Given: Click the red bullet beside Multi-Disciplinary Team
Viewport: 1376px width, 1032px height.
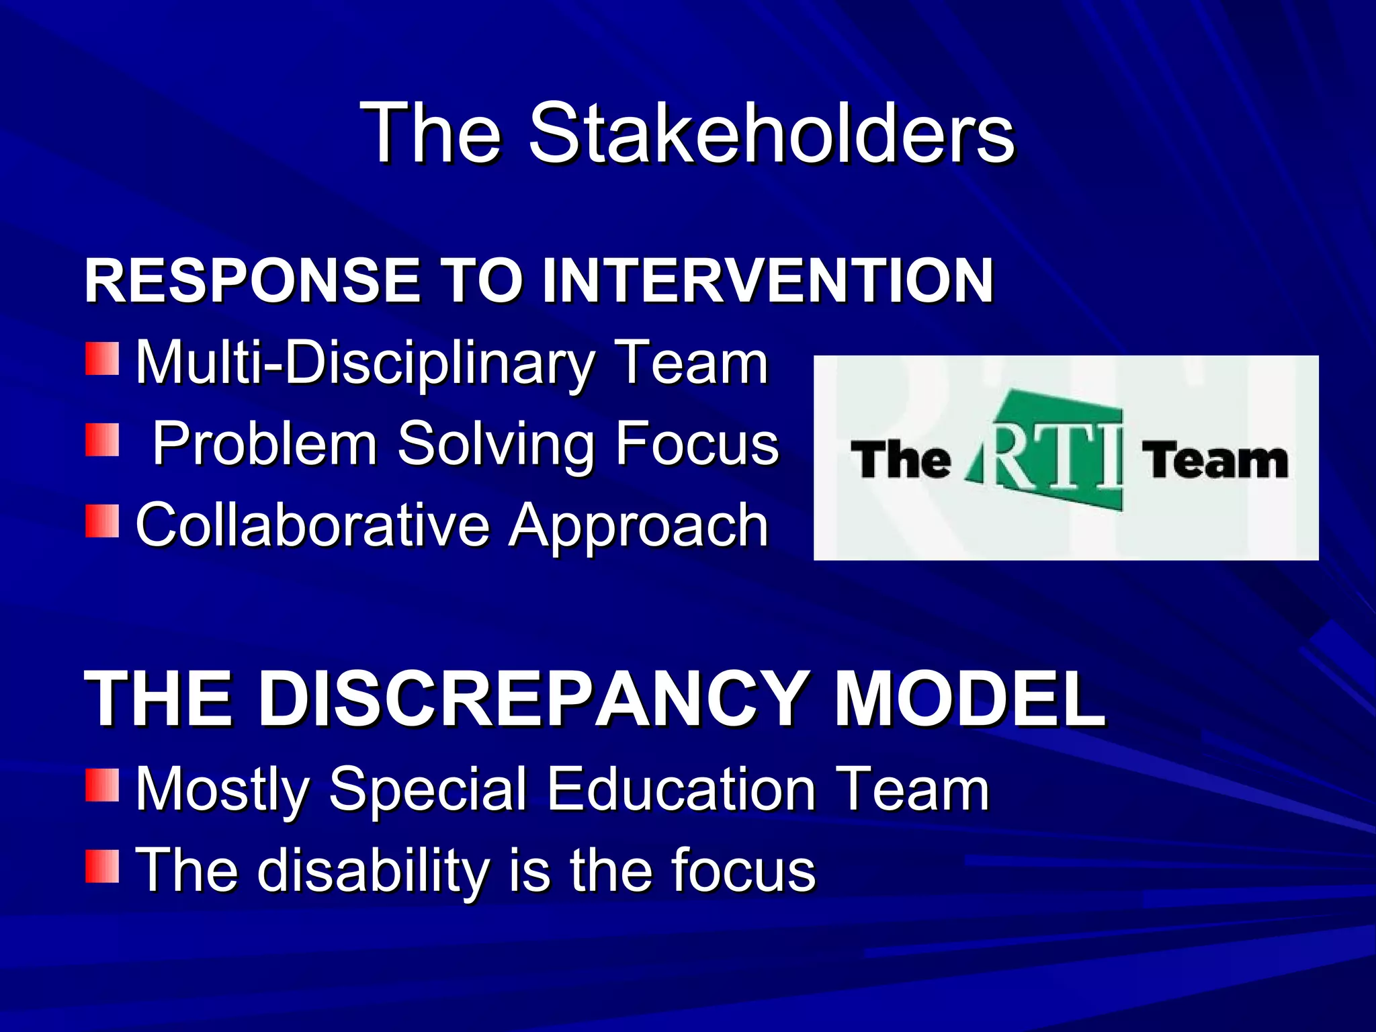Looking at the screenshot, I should point(102,359).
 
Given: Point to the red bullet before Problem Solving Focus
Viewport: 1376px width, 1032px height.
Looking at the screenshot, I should point(102,440).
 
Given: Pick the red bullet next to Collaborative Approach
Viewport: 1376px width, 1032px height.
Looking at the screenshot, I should point(102,521).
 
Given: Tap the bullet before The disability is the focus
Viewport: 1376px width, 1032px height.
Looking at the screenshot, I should point(102,866).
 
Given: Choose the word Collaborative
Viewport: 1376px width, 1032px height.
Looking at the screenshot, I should point(312,525).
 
